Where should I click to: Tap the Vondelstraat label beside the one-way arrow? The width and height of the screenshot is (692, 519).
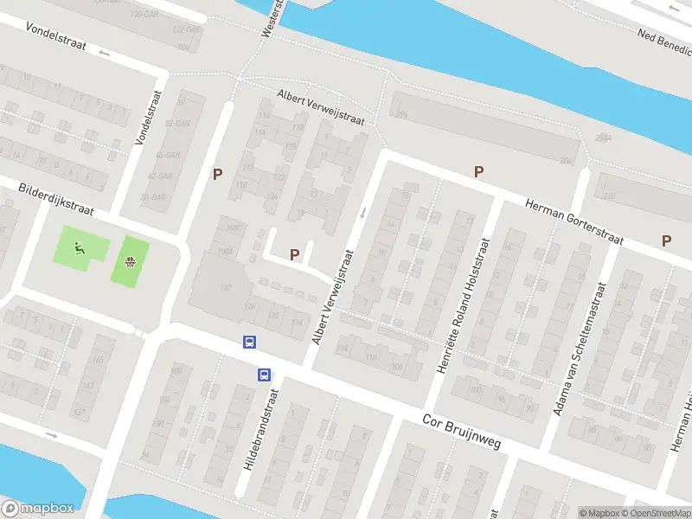pos(56,36)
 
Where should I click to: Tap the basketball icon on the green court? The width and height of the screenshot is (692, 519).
pos(130,262)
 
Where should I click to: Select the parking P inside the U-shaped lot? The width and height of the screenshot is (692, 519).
pos(294,254)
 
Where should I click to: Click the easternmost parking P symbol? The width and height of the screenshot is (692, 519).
pos(666,241)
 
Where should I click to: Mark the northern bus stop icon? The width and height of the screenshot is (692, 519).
pos(250,342)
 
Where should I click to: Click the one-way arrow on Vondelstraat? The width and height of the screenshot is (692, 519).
pos(106,54)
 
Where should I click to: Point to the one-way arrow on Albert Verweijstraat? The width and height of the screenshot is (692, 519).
pos(363,213)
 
